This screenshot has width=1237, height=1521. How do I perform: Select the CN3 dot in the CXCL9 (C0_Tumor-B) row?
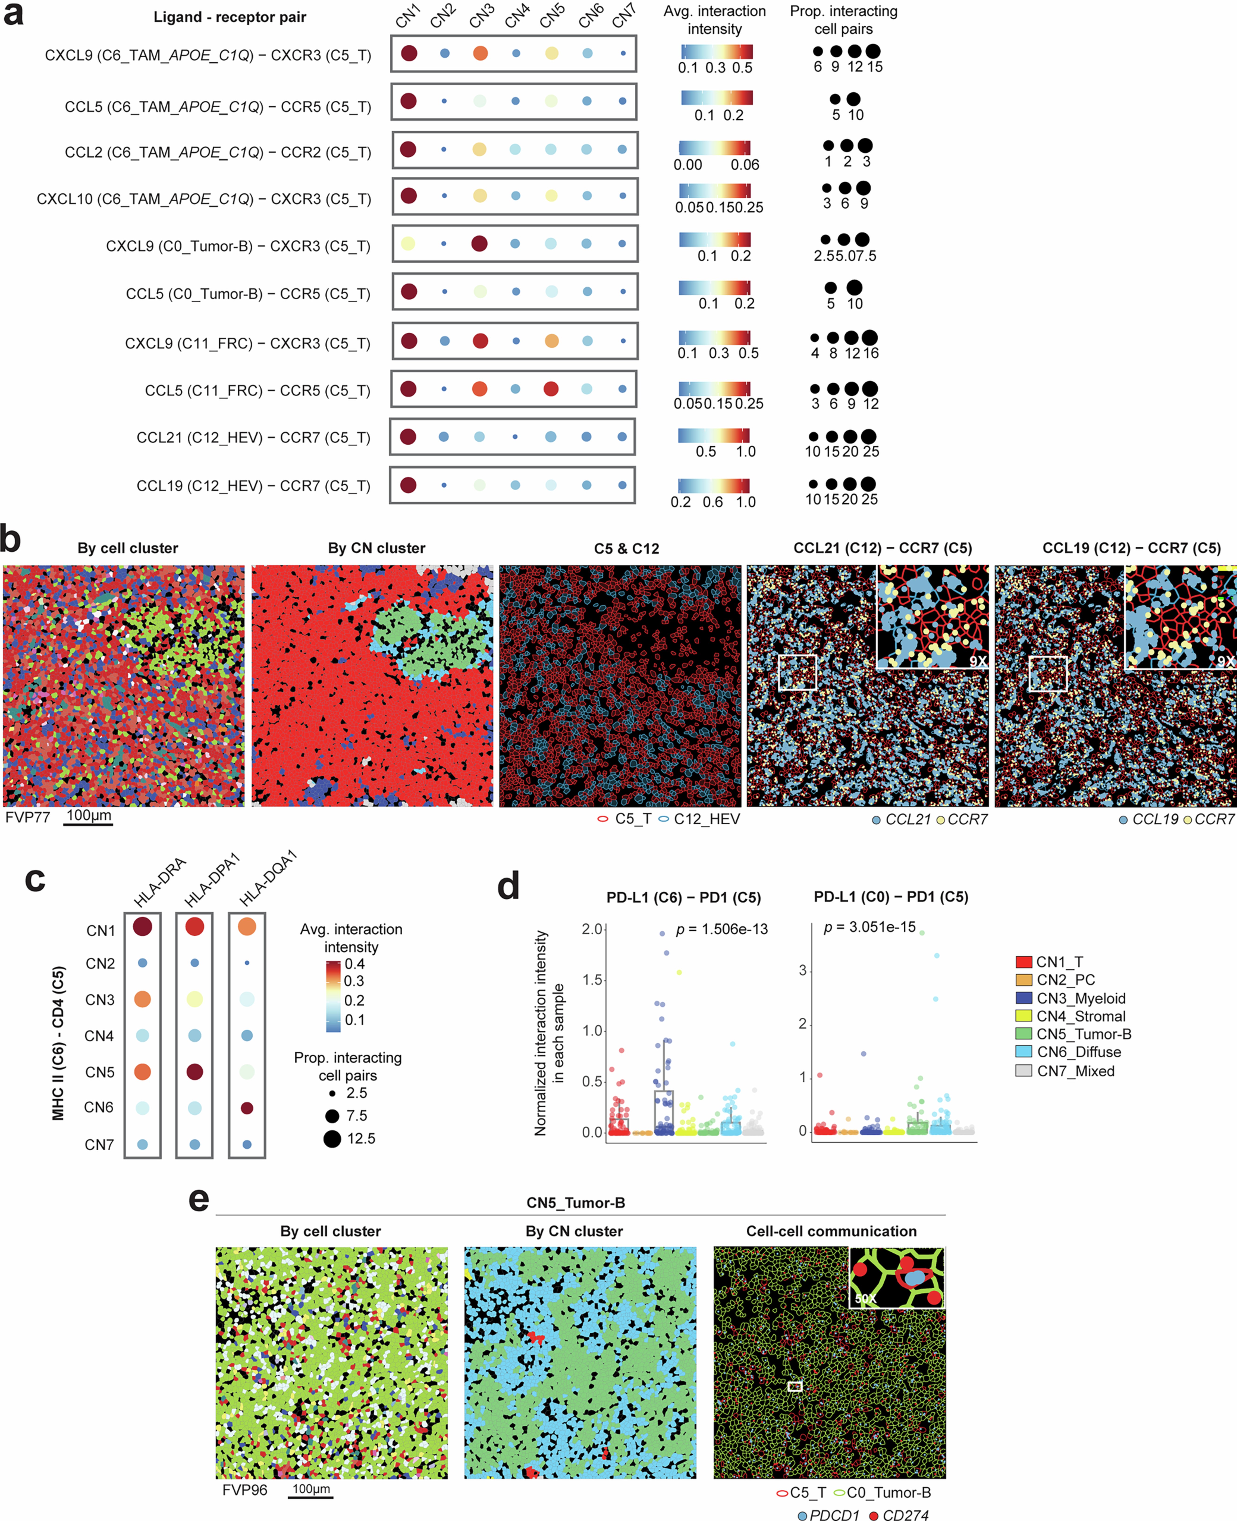click(480, 244)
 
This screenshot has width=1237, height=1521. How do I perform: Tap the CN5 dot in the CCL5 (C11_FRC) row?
click(551, 389)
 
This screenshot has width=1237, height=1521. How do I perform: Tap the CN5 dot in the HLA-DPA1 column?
click(195, 1072)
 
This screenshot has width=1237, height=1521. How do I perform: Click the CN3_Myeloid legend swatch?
click(1024, 998)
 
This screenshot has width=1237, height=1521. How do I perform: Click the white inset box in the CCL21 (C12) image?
click(797, 673)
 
